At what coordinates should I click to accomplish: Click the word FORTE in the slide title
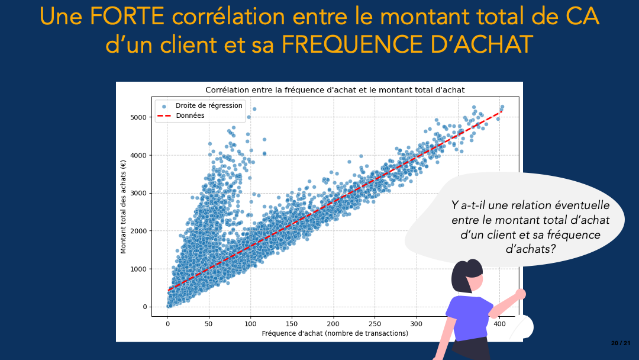(127, 17)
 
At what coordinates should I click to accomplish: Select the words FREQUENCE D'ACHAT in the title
(407, 44)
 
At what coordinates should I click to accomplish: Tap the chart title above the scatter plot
(335, 90)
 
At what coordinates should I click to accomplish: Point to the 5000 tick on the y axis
(138, 117)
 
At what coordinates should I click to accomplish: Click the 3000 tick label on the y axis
(138, 193)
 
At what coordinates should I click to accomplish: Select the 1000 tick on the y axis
(138, 269)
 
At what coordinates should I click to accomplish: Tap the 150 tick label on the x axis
(291, 324)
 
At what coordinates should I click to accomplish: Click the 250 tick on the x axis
(375, 324)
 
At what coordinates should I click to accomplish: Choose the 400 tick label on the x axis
(499, 324)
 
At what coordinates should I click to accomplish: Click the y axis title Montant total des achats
(123, 207)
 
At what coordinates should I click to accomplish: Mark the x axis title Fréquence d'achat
(335, 333)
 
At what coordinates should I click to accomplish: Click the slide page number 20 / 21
(620, 343)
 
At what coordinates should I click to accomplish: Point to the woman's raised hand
(520, 294)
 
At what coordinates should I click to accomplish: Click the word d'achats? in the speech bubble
(531, 249)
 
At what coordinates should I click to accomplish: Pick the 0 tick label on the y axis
(145, 307)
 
